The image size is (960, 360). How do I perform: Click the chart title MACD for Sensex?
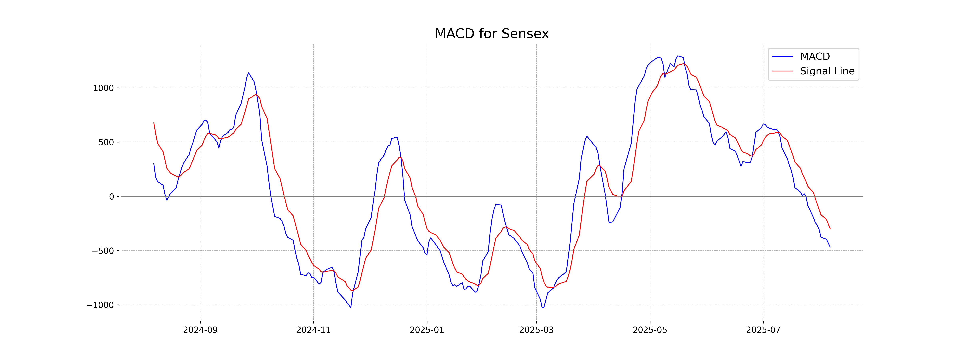click(492, 34)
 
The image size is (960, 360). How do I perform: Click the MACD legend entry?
click(815, 57)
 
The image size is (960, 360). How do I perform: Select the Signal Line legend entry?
click(827, 71)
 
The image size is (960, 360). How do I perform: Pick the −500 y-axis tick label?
click(103, 251)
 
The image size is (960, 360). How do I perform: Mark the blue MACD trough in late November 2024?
click(351, 307)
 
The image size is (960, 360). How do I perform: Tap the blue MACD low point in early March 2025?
click(542, 308)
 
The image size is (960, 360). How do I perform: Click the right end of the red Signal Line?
click(830, 229)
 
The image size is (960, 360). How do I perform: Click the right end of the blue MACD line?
click(830, 247)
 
